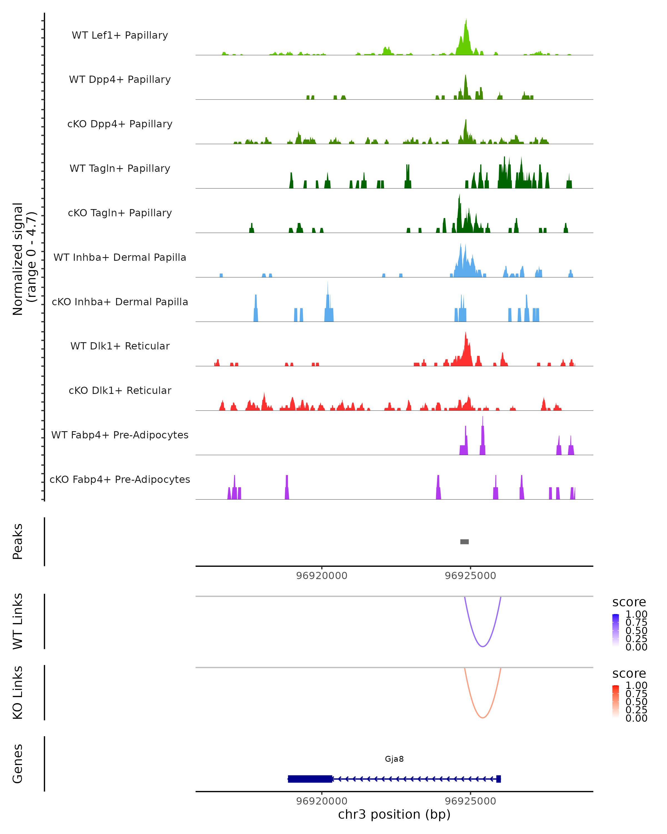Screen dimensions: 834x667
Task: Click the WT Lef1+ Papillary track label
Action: click(x=120, y=35)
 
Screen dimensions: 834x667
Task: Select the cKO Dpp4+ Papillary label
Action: click(x=120, y=124)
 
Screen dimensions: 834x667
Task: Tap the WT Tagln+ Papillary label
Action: click(x=120, y=168)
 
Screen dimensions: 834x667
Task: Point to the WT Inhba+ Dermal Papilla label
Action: click(x=120, y=257)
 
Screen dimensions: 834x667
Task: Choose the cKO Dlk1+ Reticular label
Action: click(x=120, y=390)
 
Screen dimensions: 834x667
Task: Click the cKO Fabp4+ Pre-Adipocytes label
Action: click(x=120, y=479)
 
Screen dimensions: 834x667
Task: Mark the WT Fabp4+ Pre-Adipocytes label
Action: click(x=120, y=435)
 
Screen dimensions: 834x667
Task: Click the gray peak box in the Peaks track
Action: click(x=464, y=542)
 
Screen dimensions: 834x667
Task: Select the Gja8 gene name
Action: click(x=394, y=759)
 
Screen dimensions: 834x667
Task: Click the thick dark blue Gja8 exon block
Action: click(x=310, y=779)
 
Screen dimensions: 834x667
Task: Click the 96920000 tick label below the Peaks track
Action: click(x=322, y=576)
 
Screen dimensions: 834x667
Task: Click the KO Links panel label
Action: click(x=18, y=692)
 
